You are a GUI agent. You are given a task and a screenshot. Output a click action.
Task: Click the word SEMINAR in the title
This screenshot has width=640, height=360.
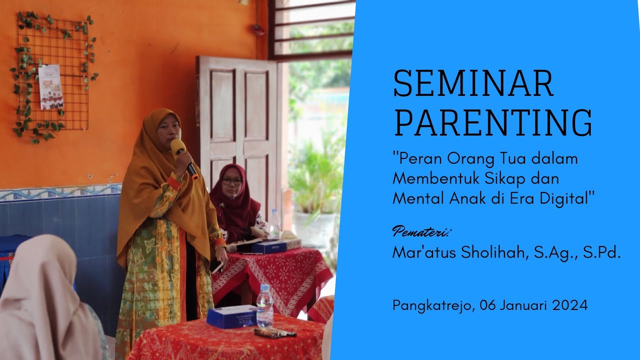(473, 83)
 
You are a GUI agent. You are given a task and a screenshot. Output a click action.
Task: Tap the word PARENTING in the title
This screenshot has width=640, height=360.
(492, 122)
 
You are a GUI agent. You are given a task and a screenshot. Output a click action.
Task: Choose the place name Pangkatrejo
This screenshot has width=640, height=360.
(431, 305)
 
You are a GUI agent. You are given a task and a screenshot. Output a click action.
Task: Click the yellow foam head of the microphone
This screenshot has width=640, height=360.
(178, 147)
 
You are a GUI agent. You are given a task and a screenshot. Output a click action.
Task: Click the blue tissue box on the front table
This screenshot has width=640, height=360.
(231, 316)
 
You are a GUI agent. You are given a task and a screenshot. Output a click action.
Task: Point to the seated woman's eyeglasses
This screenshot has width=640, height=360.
(231, 181)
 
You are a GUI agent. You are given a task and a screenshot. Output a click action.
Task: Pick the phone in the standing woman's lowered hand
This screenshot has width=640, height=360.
(217, 267)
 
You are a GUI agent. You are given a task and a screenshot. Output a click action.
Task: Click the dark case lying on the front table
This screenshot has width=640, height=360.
(274, 332)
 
